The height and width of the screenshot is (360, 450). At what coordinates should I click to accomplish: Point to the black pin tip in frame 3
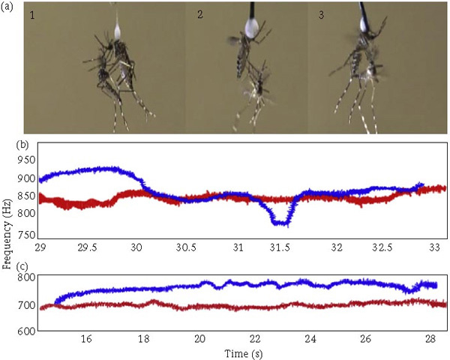coord(364,10)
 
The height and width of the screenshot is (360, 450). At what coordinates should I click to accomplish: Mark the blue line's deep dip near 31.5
coord(281,222)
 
